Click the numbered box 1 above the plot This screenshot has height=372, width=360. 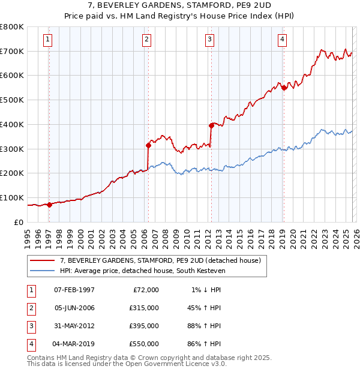[x=47, y=40]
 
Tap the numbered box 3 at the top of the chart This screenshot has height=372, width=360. [x=209, y=40]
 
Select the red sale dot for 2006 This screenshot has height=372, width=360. [x=148, y=145]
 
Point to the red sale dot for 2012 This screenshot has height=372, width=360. [x=211, y=125]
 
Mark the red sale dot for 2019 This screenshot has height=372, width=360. [x=283, y=87]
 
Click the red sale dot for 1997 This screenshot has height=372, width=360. [x=49, y=204]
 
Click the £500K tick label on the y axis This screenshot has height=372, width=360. [x=12, y=100]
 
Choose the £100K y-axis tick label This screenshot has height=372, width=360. [x=12, y=197]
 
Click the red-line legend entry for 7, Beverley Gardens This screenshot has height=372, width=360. [x=160, y=261]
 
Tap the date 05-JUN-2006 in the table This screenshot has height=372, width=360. [x=74, y=308]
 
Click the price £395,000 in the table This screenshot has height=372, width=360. [x=143, y=326]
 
